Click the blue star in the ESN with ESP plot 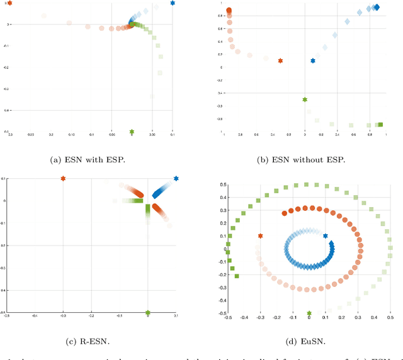click(173, 3)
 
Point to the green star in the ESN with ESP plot click(132, 132)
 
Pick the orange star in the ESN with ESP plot click(9, 3)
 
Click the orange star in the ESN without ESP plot click(280, 61)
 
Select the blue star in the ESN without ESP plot click(313, 61)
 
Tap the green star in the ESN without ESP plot click(305, 99)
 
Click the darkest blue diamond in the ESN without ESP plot click(377, 8)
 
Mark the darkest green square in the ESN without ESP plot click(380, 125)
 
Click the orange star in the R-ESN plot click(63, 179)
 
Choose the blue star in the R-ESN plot click(176, 179)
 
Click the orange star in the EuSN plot click(261, 236)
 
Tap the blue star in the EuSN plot click(326, 236)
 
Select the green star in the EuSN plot click(309, 313)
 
